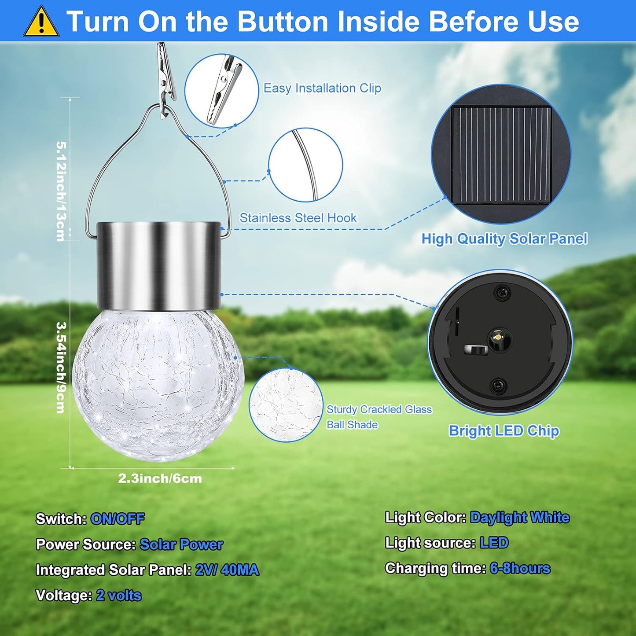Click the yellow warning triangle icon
pyautogui.click(x=41, y=22)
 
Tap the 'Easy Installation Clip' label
pyautogui.click(x=322, y=88)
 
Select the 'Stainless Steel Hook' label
pyautogui.click(x=298, y=218)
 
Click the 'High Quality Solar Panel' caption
pyautogui.click(x=504, y=239)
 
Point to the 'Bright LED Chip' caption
pyautogui.click(x=504, y=430)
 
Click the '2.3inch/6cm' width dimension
pyautogui.click(x=160, y=478)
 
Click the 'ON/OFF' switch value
pyautogui.click(x=117, y=519)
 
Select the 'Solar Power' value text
pyautogui.click(x=181, y=544)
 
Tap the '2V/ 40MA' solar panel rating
pyautogui.click(x=227, y=570)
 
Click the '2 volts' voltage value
pyautogui.click(x=119, y=596)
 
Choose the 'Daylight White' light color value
pyautogui.click(x=519, y=518)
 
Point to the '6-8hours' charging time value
pyautogui.click(x=520, y=568)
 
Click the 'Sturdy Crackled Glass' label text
pyautogui.click(x=379, y=409)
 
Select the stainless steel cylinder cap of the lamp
pyautogui.click(x=158, y=265)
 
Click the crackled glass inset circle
pyautogui.click(x=286, y=405)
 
